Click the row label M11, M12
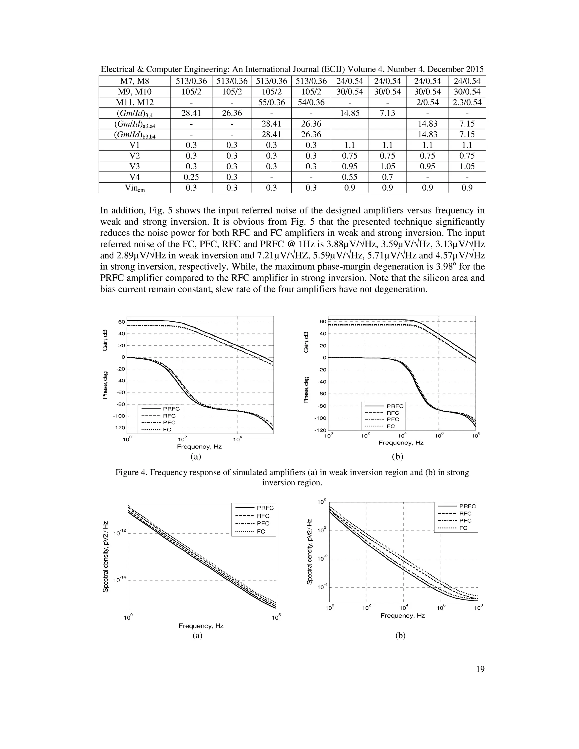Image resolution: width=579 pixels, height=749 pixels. pos(135,103)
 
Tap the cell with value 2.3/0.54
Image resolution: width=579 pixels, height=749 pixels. pos(467,103)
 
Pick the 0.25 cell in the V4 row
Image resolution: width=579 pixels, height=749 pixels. pos(191,177)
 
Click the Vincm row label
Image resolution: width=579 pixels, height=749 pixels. pos(135,188)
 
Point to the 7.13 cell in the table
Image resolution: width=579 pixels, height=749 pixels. pos(387,113)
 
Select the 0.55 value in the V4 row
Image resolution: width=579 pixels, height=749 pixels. pos(349,177)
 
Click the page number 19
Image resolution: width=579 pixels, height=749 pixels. pos(480,669)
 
